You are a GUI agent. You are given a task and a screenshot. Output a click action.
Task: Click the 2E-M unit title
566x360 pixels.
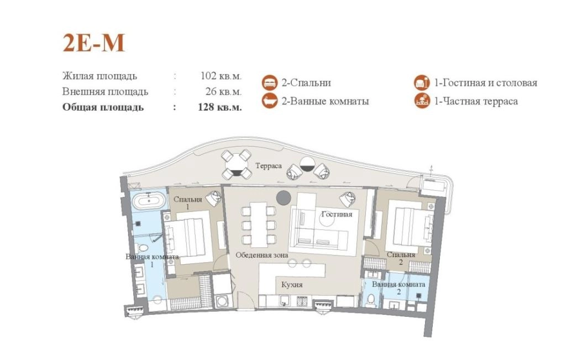(94, 43)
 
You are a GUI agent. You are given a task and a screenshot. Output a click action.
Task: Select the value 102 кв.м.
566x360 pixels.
(221, 76)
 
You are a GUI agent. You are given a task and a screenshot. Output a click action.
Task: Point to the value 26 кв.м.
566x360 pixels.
(223, 91)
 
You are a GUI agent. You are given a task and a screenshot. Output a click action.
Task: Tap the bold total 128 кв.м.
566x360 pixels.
(220, 107)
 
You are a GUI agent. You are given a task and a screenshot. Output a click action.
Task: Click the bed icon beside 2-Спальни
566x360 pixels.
(269, 83)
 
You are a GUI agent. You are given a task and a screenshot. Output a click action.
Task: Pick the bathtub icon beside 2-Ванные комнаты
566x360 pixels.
(269, 101)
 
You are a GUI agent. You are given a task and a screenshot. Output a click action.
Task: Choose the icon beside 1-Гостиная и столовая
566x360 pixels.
(422, 83)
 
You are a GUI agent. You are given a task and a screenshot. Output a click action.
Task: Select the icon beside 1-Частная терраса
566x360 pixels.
(422, 101)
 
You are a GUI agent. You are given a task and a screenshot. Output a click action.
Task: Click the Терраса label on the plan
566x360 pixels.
(269, 166)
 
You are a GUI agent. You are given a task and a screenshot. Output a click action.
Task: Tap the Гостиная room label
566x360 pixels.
(337, 214)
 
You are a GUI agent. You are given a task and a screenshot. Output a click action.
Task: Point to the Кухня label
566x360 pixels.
(292, 285)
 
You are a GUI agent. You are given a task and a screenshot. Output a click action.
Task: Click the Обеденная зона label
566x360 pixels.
(261, 255)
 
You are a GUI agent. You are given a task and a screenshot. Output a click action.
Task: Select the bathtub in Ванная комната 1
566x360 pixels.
(148, 200)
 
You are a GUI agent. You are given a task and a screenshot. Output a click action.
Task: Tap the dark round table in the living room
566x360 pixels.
(284, 197)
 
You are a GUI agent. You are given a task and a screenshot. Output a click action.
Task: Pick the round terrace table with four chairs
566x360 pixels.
(237, 165)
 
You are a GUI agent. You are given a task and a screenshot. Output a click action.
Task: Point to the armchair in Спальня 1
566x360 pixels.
(214, 198)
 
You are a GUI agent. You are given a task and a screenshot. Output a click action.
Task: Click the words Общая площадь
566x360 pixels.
(103, 107)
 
